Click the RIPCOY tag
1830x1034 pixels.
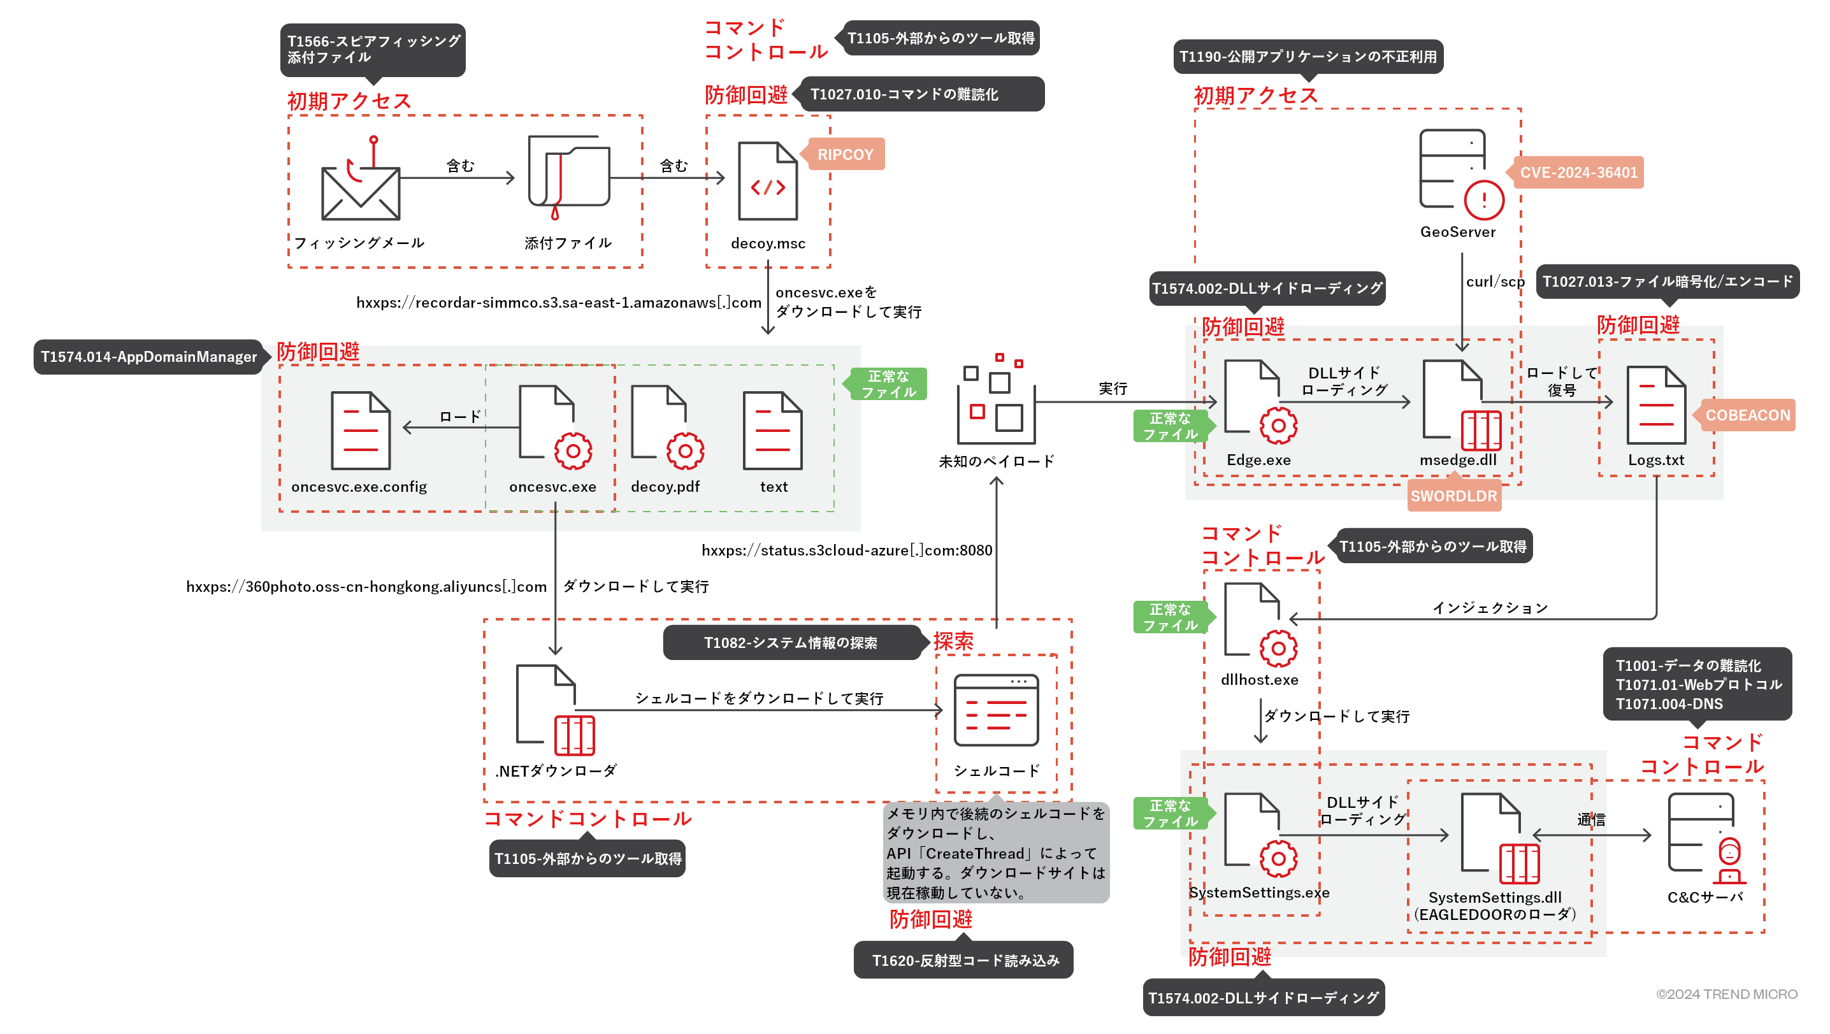845,154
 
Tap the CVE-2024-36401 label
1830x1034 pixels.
1578,173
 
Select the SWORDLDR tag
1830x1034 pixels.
1453,496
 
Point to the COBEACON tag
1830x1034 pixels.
1748,415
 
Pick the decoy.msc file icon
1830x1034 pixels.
767,182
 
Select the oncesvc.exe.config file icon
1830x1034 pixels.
360,431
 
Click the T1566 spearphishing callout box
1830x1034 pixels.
373,49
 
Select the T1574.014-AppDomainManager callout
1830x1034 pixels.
148,357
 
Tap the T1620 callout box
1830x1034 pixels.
964,960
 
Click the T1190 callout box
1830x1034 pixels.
1308,57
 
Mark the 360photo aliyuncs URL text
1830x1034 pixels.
366,587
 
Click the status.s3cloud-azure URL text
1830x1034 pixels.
846,550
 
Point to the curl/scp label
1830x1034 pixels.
1495,282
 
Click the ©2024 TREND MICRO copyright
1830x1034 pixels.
1726,995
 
